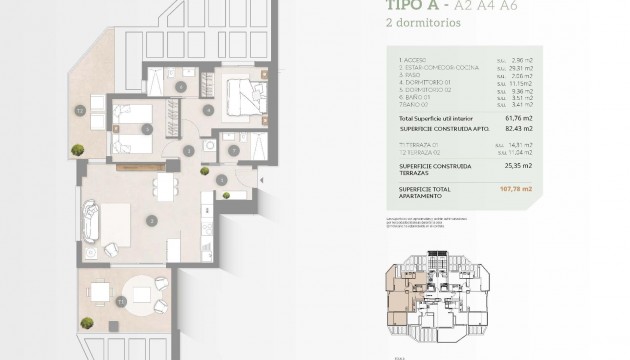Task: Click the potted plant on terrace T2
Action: [x=76, y=150]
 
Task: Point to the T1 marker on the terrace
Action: [x=120, y=297]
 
